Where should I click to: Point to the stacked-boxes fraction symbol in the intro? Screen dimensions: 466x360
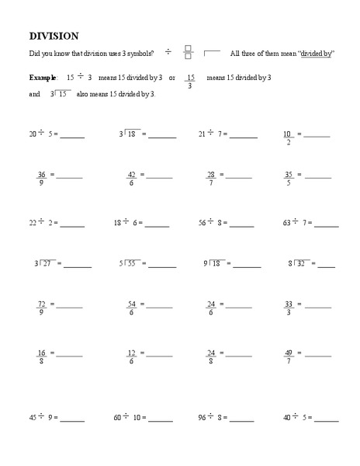coord(188,52)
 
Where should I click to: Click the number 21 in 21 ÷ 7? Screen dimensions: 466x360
coord(202,134)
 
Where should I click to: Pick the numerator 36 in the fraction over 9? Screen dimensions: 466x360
coord(42,174)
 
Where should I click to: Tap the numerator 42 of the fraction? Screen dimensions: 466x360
coord(132,174)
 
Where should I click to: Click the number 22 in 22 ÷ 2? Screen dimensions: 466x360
coord(33,222)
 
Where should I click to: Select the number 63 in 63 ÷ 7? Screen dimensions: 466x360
coord(287,222)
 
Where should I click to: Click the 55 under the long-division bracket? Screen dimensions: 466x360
coord(132,264)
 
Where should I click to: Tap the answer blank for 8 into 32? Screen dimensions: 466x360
coord(327,266)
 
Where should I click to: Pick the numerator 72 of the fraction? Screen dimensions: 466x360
coord(42,304)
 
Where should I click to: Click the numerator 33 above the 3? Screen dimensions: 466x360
coord(289,304)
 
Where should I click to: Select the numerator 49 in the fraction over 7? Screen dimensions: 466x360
coord(289,352)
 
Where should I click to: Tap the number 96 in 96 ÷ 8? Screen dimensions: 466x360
coord(202,417)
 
